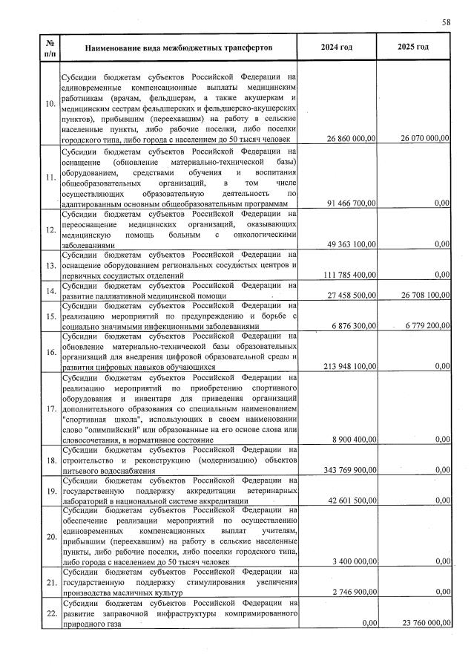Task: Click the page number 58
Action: click(x=446, y=23)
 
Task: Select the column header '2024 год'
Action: click(x=336, y=48)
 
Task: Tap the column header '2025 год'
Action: click(x=413, y=48)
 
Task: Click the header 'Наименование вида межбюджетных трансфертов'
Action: click(x=179, y=48)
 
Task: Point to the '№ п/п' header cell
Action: click(x=50, y=48)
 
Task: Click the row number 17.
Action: click(x=50, y=408)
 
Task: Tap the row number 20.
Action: click(x=50, y=536)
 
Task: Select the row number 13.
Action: click(x=50, y=265)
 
